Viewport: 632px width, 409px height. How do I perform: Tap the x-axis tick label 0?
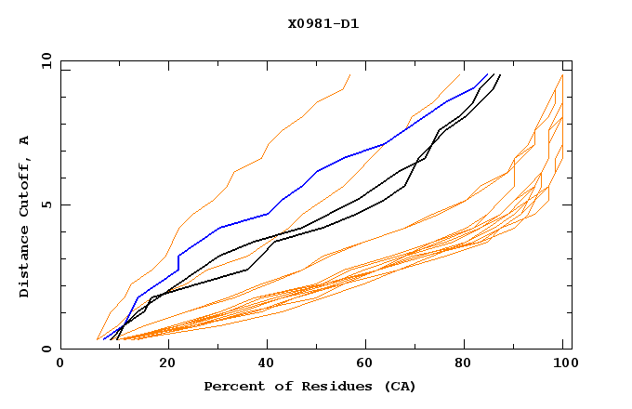(x=60, y=363)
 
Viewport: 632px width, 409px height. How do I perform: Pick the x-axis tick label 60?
(x=362, y=363)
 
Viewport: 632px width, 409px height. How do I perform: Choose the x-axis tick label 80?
(x=463, y=363)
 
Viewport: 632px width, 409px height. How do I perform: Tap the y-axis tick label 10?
(x=44, y=59)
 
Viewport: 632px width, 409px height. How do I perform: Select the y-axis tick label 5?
(x=47, y=204)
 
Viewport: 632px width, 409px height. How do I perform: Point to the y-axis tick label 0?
(x=47, y=350)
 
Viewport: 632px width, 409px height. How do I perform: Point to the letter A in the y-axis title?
(x=25, y=139)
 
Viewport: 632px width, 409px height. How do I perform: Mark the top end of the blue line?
(x=488, y=74)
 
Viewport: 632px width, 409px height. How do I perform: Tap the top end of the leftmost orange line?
(x=350, y=74)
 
